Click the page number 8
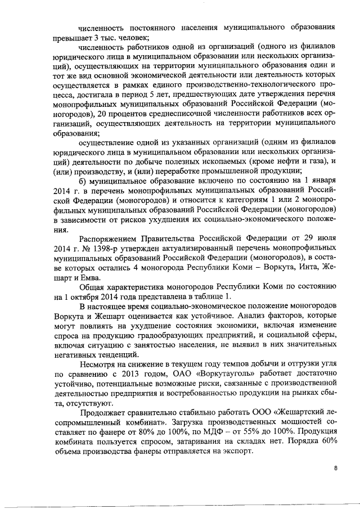[x=335, y=467]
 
